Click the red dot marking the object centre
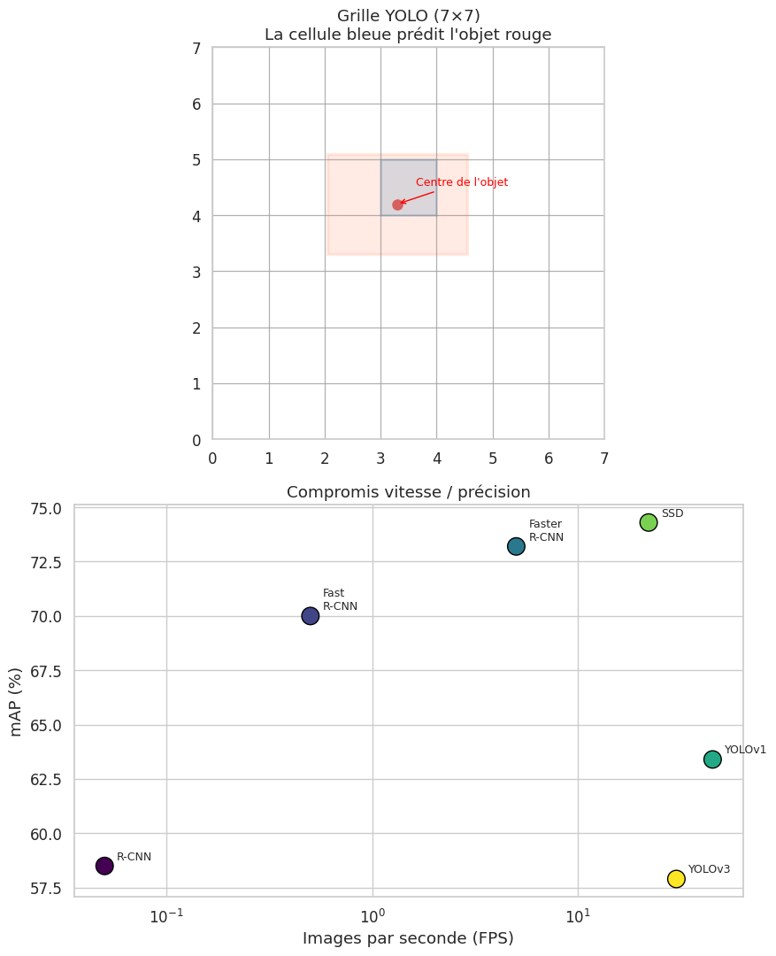pos(397,204)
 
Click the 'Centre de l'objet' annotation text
pos(461,182)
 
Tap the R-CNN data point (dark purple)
pos(104,866)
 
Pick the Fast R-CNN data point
pos(310,616)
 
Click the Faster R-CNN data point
pos(516,546)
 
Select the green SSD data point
pos(649,522)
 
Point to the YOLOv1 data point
pos(712,759)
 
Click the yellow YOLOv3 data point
pos(676,879)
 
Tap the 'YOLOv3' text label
pos(709,869)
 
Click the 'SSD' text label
pos(672,513)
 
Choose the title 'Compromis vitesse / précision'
pos(408,492)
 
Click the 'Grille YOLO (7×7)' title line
pos(408,16)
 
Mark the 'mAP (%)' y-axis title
pos(16,701)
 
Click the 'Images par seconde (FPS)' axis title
pos(408,937)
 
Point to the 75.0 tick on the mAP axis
pos(44,508)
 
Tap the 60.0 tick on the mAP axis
pos(44,834)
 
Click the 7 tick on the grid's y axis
pos(196,48)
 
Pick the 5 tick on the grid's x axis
pos(493,458)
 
